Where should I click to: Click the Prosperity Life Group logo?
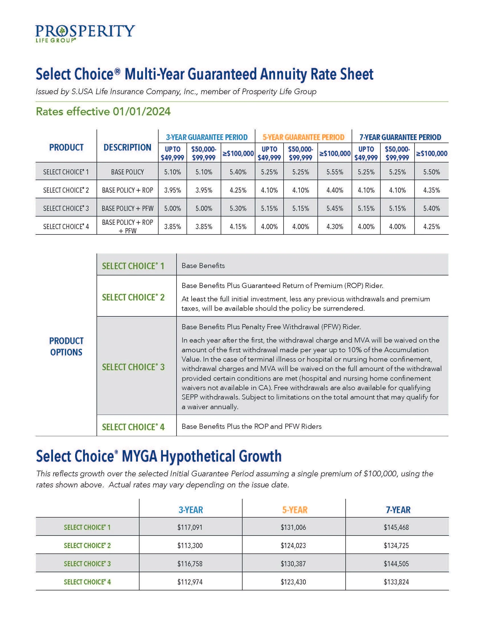(85, 33)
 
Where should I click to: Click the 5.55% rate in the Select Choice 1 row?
(335, 172)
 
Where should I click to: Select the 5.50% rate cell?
(431, 172)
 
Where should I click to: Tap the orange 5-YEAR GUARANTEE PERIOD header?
(303, 137)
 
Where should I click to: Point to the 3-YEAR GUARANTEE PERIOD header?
(206, 137)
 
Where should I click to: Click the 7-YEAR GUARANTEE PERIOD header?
(400, 137)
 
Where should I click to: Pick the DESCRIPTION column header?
(127, 147)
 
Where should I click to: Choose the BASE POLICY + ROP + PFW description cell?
(127, 226)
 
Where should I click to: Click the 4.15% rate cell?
(238, 227)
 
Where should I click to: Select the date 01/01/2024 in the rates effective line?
(142, 112)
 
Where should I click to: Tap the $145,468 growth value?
(396, 527)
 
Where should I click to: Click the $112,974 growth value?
(190, 582)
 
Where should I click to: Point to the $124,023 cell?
(293, 545)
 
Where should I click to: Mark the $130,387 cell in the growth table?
(293, 564)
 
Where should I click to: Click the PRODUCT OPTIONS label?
(66, 346)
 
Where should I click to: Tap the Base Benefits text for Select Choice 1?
(203, 266)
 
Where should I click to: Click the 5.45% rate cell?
(335, 208)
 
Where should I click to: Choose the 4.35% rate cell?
(431, 190)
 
